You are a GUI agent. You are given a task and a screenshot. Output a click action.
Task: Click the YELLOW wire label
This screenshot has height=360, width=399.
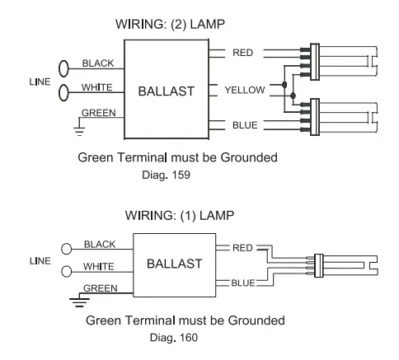coord(245,90)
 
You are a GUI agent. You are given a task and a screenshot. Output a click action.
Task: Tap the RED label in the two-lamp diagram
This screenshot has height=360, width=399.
coord(242,53)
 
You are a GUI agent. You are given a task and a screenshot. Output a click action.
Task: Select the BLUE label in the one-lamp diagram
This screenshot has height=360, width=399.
coord(243,283)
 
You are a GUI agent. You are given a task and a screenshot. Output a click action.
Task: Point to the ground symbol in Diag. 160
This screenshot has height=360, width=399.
coord(79,300)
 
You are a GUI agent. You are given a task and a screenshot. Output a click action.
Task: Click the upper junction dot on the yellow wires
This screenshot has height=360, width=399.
coord(284,85)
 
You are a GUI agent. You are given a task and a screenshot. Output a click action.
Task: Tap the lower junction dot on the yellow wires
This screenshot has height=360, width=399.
coord(293,96)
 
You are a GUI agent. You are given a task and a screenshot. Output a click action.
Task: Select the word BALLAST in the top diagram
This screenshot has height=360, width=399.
coord(167,91)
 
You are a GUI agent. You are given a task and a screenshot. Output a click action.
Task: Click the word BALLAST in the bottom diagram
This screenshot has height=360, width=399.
coord(175,264)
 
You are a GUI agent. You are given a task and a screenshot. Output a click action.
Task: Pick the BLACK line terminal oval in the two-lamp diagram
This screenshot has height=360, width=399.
coord(63,68)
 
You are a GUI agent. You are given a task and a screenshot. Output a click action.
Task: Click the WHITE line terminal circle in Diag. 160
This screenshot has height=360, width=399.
coord(66,272)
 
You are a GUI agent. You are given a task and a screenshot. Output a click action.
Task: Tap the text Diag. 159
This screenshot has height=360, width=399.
coord(166,175)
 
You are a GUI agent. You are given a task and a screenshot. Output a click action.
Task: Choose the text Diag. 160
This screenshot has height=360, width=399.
coord(174,338)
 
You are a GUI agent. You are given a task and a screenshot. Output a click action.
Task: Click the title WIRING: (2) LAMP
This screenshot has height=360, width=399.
coord(170,24)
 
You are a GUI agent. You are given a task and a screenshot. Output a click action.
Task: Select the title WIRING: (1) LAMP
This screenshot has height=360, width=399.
coord(180,215)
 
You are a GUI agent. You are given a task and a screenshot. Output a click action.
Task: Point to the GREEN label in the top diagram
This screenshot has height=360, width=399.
coord(99,113)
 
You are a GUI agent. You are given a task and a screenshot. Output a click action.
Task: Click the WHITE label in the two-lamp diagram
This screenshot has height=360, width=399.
coord(97,87)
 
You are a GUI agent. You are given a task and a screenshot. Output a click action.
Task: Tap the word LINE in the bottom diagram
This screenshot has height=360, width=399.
coord(40,261)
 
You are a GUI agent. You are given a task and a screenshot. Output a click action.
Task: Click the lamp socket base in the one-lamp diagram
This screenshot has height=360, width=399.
coord(319,265)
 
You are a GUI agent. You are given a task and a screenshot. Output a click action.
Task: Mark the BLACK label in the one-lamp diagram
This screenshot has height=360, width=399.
coord(100,245)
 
